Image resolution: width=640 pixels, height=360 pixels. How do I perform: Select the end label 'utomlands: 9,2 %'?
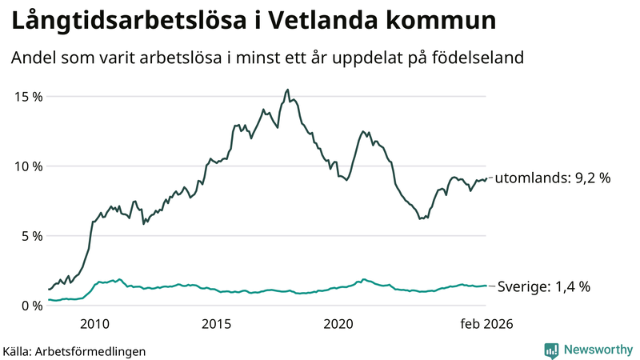click(x=553, y=178)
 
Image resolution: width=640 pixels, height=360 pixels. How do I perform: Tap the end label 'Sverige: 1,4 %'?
click(x=544, y=286)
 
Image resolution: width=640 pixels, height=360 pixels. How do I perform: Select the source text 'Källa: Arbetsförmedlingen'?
click(x=74, y=350)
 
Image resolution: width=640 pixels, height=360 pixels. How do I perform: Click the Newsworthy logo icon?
click(x=551, y=350)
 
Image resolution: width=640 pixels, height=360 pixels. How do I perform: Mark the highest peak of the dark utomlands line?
click(x=287, y=90)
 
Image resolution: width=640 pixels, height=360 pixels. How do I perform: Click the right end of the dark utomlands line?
click(x=486, y=178)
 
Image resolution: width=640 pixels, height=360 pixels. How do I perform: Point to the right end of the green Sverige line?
click(x=486, y=286)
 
